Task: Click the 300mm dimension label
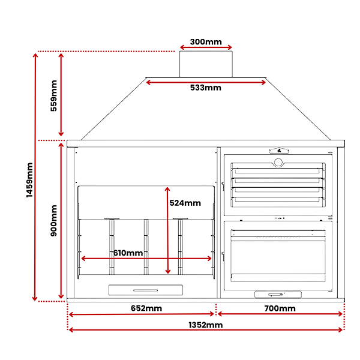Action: (x=206, y=42)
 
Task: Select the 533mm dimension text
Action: (x=205, y=88)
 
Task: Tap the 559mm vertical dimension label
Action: (x=53, y=96)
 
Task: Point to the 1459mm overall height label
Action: (x=29, y=180)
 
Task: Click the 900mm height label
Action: (x=53, y=221)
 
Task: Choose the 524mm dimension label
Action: (x=185, y=203)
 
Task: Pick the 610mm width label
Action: (x=128, y=253)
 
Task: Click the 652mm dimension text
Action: (x=146, y=308)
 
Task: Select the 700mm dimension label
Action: (x=280, y=308)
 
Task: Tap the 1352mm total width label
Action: (x=206, y=325)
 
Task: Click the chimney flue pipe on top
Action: (x=206, y=64)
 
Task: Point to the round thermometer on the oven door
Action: (x=278, y=163)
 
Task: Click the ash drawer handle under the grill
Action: (x=146, y=290)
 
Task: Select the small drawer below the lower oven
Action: (x=278, y=295)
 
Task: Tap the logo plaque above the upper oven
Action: (x=279, y=151)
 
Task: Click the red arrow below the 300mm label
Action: (x=206, y=47)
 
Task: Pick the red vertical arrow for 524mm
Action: (x=167, y=230)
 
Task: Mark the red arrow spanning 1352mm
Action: (x=206, y=330)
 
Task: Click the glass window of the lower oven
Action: (x=278, y=257)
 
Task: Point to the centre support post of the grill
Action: (x=146, y=247)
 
